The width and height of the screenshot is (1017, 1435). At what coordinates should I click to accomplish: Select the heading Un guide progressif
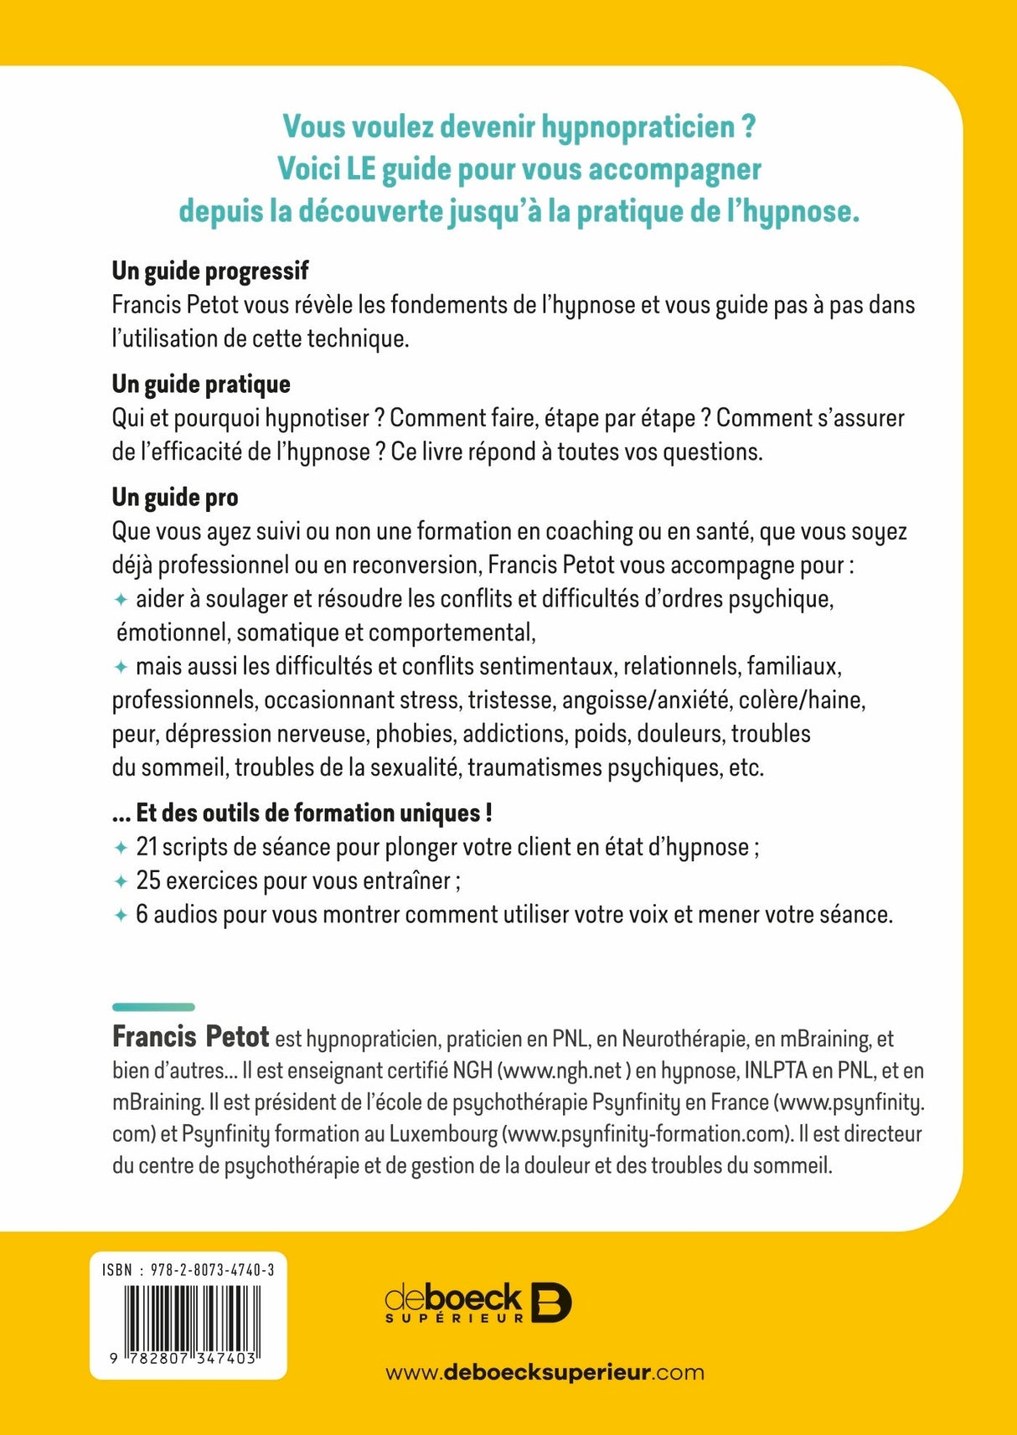pos(210,271)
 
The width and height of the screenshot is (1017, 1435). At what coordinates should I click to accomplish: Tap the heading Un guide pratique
pos(201,384)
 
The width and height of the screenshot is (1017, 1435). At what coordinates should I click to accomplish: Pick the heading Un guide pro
pos(175,497)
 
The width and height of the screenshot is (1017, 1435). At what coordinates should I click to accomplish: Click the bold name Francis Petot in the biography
pos(190,1037)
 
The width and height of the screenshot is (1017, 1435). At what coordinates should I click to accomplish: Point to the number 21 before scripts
pos(147,847)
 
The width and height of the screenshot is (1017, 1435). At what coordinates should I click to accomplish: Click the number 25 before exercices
pos(147,880)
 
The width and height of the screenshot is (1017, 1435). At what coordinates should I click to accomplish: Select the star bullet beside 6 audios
pos(121,915)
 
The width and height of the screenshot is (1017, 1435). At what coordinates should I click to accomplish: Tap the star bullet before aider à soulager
pos(121,600)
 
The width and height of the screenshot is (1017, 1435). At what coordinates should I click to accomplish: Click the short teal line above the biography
pos(153,1007)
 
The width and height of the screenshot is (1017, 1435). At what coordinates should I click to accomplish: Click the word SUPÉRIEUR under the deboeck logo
pos(454,1318)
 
